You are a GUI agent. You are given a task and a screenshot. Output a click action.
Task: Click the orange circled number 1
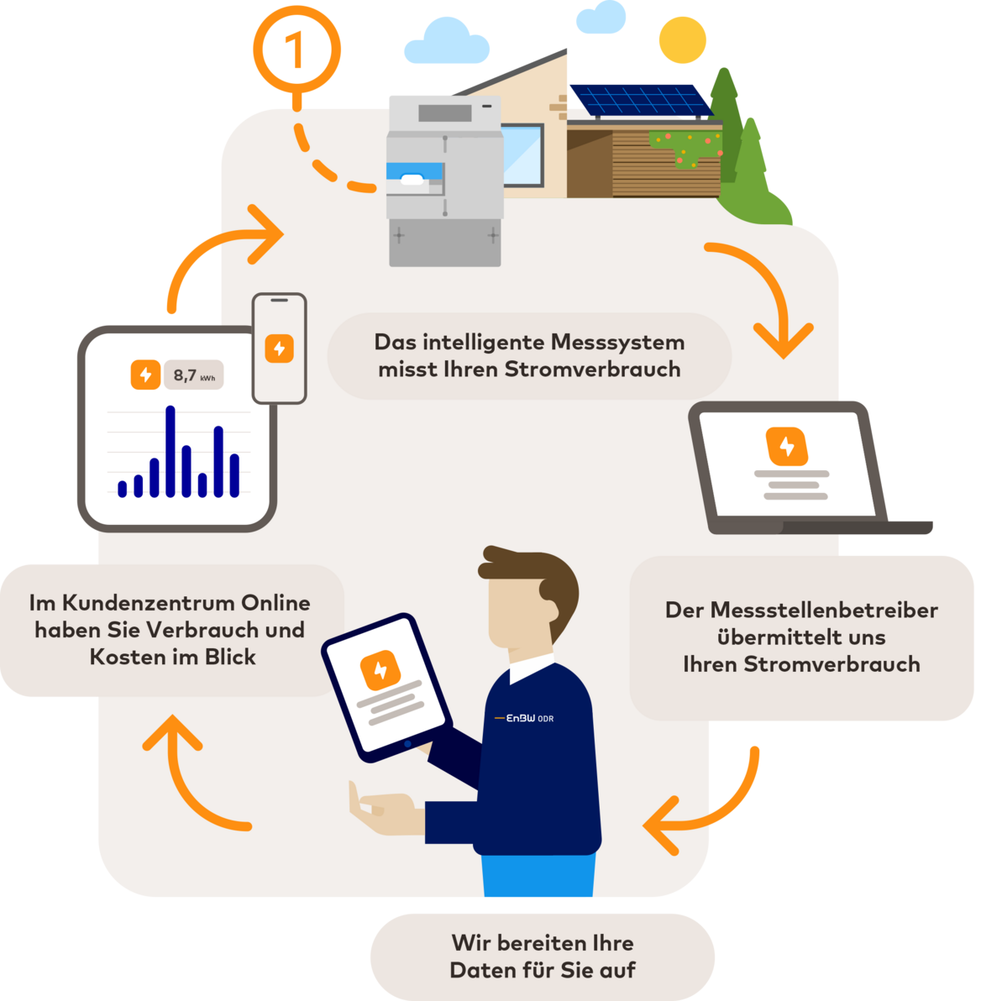(296, 50)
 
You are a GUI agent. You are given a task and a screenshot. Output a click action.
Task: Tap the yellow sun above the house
(683, 39)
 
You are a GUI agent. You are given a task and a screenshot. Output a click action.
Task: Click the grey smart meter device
(444, 181)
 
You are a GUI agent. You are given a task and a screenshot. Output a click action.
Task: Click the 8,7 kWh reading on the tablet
(194, 375)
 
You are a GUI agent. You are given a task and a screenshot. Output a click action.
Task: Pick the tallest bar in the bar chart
(170, 451)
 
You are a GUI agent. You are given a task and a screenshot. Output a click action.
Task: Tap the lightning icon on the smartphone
(279, 348)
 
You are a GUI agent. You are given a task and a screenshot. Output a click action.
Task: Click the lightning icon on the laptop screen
(786, 446)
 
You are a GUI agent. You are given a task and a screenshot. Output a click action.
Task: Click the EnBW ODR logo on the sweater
(524, 718)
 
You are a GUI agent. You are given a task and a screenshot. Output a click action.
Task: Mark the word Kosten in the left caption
(127, 657)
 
